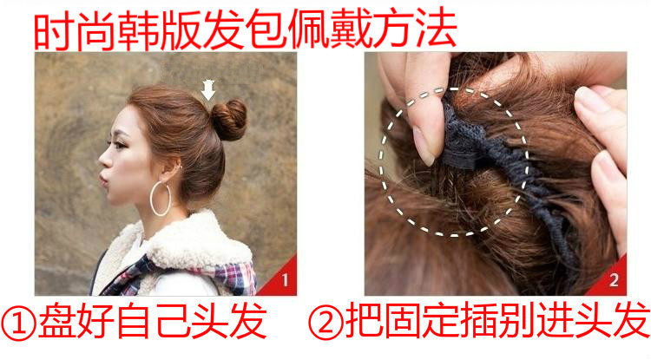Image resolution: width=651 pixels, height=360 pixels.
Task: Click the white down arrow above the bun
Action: coord(207,88)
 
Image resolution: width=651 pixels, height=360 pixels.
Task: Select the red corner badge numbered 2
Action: coord(613,280)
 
